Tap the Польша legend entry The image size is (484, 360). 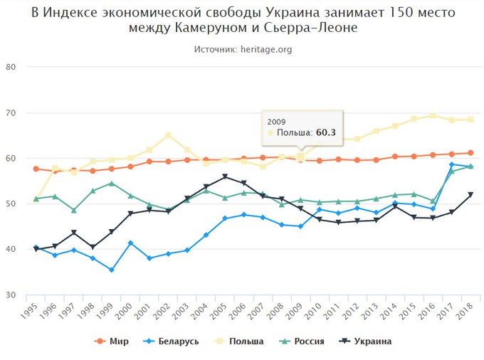(246, 342)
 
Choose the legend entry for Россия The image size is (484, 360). (309, 342)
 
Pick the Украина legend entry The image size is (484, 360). (374, 342)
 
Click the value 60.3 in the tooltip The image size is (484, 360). (326, 132)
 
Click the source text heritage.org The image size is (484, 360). (263, 49)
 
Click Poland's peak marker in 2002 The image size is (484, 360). (168, 135)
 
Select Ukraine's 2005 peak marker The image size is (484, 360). (225, 176)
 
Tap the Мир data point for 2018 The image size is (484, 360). (470, 153)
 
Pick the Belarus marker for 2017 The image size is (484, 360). (452, 164)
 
